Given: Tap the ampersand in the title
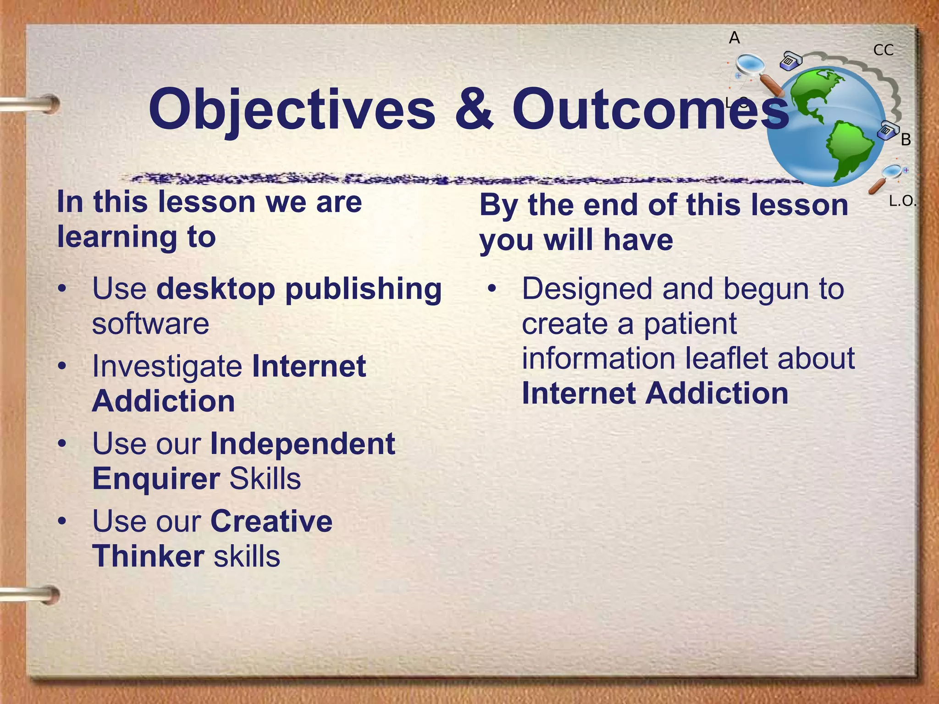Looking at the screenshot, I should [474, 109].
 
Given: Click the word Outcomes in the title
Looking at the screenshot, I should [650, 109].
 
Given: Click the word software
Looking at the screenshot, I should [150, 324].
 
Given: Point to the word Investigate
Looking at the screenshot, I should [167, 367].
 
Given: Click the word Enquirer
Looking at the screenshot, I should [156, 479].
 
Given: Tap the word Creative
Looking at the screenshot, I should [271, 522].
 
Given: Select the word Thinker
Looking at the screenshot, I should [148, 556].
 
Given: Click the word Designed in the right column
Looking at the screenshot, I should [587, 289].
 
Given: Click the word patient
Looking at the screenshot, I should [690, 324].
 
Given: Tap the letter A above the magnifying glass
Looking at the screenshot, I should [735, 38].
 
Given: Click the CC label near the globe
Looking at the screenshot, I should [883, 50].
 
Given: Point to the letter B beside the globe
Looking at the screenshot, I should [906, 140].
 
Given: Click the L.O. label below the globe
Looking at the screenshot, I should [901, 201].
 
